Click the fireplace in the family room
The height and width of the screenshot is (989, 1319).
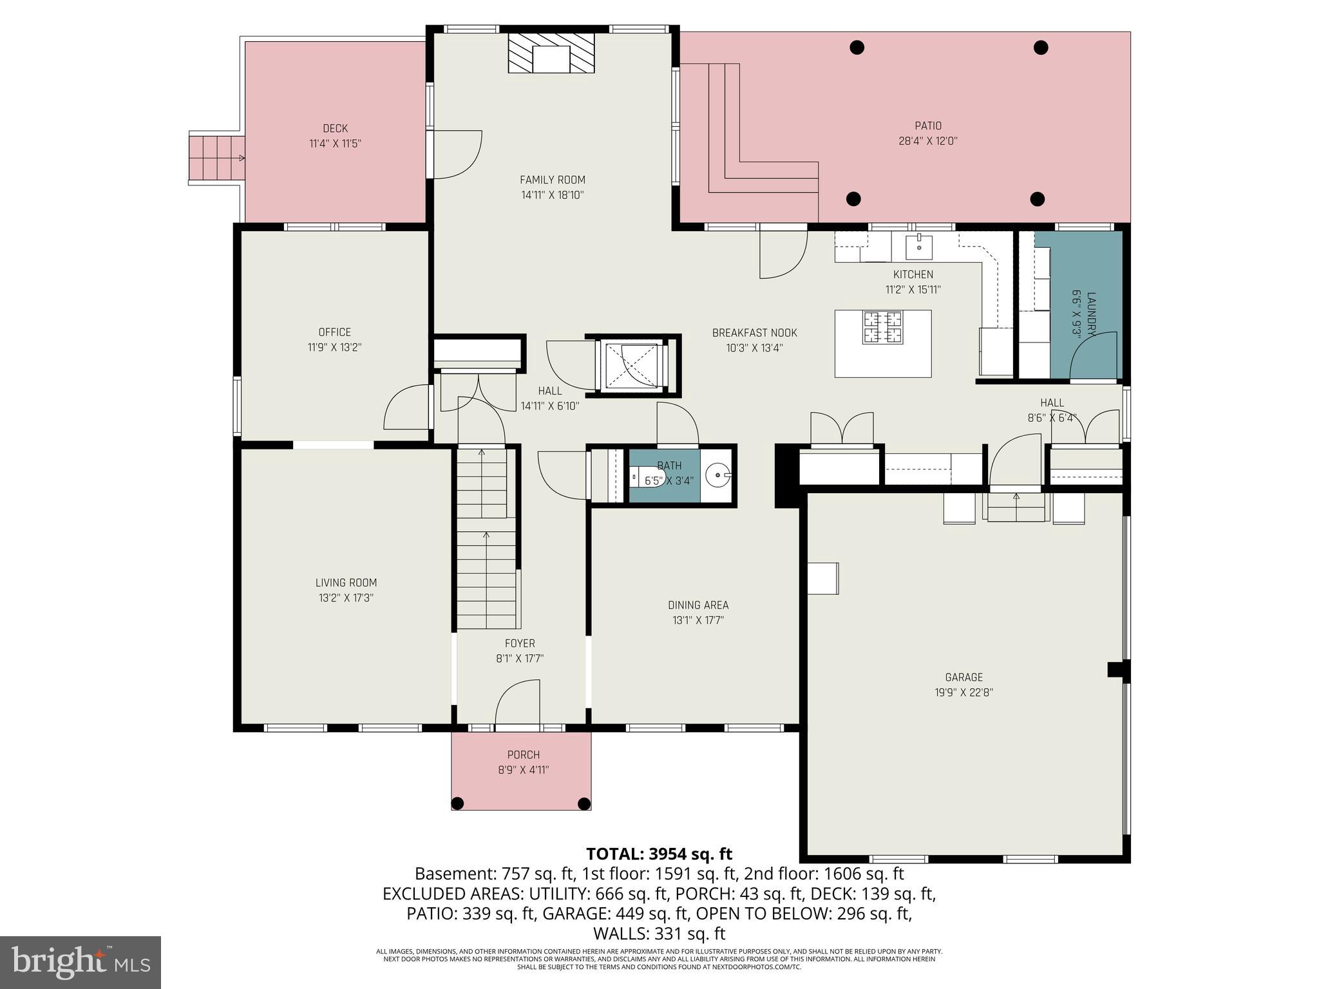pos(551,53)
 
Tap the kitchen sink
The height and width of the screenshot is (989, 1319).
pos(919,245)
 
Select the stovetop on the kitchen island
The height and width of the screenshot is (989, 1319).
pos(883,327)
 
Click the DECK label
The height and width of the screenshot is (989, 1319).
pos(335,129)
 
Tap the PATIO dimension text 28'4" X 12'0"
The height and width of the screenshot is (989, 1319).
pos(928,141)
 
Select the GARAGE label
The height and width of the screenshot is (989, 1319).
pos(963,677)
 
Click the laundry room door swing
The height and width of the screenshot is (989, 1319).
pos(1094,356)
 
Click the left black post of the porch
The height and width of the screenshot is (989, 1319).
pos(457,803)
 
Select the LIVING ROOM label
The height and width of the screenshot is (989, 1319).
pos(346,583)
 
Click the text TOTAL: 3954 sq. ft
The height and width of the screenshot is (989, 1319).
pos(659,854)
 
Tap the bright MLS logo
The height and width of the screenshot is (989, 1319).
pos(81,962)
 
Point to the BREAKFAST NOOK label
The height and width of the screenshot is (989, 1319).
pos(754,333)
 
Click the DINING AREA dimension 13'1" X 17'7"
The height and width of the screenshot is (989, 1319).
pos(698,621)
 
